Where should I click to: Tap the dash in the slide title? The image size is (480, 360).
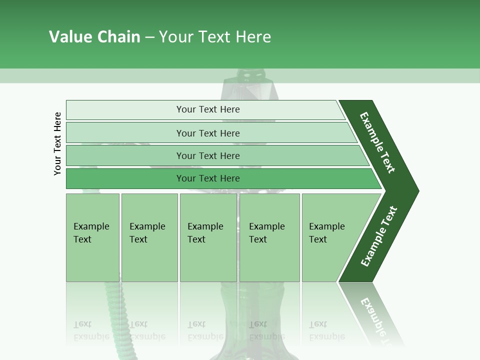pos(149,37)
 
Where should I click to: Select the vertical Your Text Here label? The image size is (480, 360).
pos(57,143)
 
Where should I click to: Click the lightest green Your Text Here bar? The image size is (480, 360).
pos(207,109)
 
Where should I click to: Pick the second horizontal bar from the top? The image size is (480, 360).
pos(207,133)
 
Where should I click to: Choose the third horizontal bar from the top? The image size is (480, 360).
pos(207,155)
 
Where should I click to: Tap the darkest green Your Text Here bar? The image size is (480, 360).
pos(207,178)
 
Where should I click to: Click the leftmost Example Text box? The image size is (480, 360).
pos(92,237)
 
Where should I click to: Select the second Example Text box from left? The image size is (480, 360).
pos(149,237)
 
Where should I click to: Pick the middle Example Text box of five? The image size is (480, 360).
pos(208,237)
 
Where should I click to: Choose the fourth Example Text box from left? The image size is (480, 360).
pos(269,237)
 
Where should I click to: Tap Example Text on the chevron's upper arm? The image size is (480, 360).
pos(377,142)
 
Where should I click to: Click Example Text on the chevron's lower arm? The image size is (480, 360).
pos(379,236)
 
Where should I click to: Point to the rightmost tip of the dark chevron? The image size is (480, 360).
pos(417,190)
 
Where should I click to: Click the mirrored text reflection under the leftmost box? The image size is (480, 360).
pos(91,330)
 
